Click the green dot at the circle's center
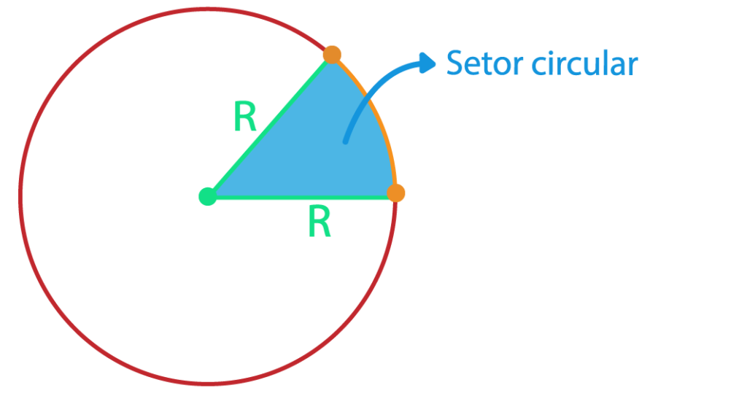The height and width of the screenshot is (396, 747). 208,196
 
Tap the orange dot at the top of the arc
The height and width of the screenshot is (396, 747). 332,55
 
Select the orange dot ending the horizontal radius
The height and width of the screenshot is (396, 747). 395,193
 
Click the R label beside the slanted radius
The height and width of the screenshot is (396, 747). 245,117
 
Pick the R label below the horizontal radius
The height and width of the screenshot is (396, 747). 320,222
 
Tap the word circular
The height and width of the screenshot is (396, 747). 584,64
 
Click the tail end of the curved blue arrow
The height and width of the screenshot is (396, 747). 346,140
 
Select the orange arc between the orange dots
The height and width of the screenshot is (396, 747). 375,117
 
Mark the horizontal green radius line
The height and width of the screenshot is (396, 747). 299,198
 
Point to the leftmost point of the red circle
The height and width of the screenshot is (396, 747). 20,196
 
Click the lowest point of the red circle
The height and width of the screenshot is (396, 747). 208,382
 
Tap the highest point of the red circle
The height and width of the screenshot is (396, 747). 208,9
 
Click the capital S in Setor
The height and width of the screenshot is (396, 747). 456,64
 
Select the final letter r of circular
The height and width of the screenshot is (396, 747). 632,66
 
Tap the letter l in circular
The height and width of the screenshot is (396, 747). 603,63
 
